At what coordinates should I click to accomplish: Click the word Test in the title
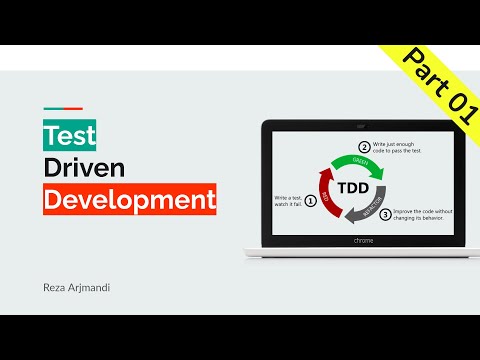(x=65, y=135)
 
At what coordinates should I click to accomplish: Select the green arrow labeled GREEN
(x=351, y=161)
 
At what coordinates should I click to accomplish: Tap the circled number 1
(x=310, y=200)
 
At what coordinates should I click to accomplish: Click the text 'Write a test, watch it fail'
(x=288, y=200)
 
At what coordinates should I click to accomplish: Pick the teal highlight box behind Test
(x=49, y=135)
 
